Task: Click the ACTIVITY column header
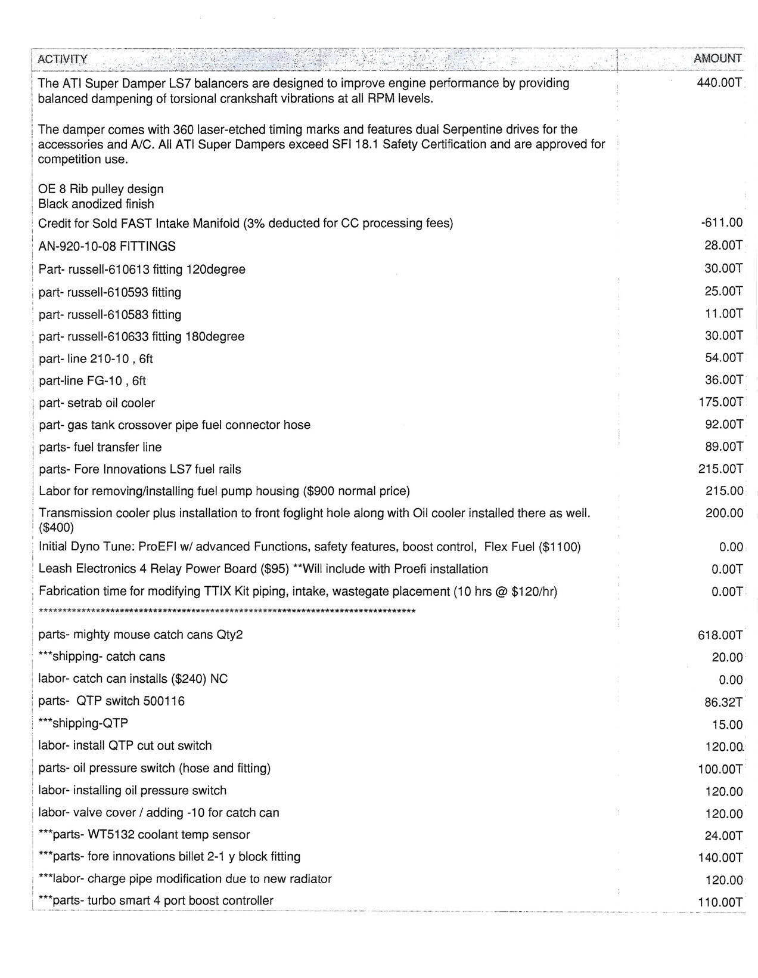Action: coord(63,59)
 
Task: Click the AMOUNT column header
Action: coord(717,58)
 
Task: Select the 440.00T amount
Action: coord(719,83)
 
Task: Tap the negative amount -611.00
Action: coord(722,223)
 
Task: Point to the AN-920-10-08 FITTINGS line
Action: coord(107,246)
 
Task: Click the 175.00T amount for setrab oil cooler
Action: coord(720,403)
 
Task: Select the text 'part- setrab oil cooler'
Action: coord(97,403)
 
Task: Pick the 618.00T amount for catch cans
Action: coord(720,635)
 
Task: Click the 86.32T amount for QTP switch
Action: coord(723,702)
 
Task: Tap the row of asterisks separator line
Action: coord(226,612)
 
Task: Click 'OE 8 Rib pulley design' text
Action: coord(101,189)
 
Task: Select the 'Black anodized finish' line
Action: coord(96,204)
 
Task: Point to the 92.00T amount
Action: coord(723,425)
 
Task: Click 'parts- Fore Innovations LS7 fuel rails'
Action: coord(140,469)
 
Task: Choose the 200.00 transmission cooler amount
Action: coord(724,513)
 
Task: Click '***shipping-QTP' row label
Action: coord(83,723)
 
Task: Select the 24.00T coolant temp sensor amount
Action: coord(723,836)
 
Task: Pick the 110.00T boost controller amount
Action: coord(720,902)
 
